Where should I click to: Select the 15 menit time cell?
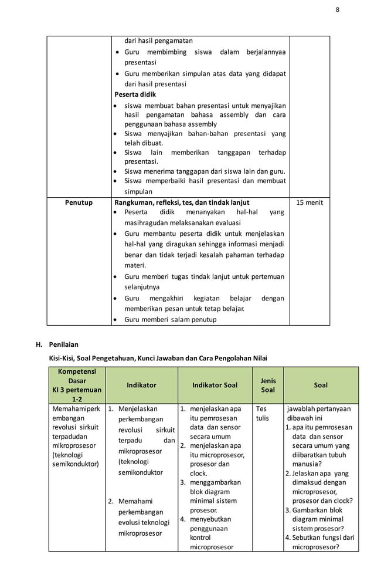[310, 203]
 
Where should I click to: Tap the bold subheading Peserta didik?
[135, 94]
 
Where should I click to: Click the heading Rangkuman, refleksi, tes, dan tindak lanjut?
[182, 203]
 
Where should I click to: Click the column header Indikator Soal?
[215, 385]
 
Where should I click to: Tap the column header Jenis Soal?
[268, 385]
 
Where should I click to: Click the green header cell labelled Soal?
[321, 385]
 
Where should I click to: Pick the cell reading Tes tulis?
[261, 414]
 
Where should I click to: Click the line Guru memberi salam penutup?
[170, 320]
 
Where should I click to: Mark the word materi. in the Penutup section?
[135, 265]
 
